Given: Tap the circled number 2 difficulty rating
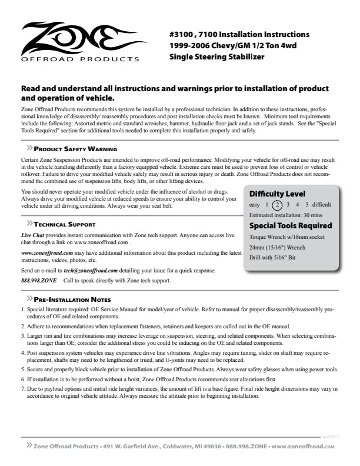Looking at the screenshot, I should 278,205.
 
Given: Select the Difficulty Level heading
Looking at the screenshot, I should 277,194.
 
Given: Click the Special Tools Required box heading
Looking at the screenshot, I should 291,225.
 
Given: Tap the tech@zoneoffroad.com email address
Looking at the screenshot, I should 91,270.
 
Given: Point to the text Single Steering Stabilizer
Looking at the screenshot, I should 216,56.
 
